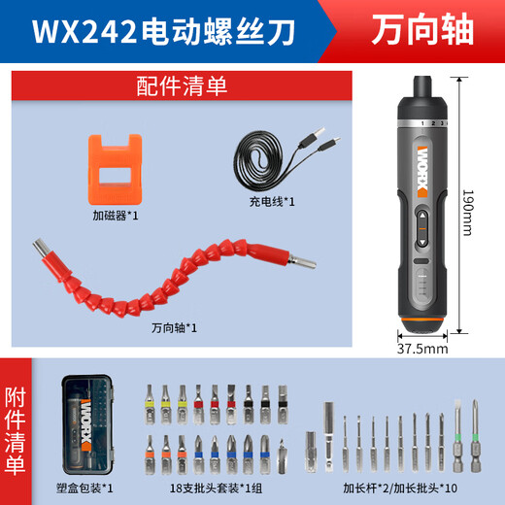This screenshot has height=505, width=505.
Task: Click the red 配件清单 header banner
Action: (x=180, y=85)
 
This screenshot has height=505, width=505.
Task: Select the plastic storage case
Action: (x=91, y=426)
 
